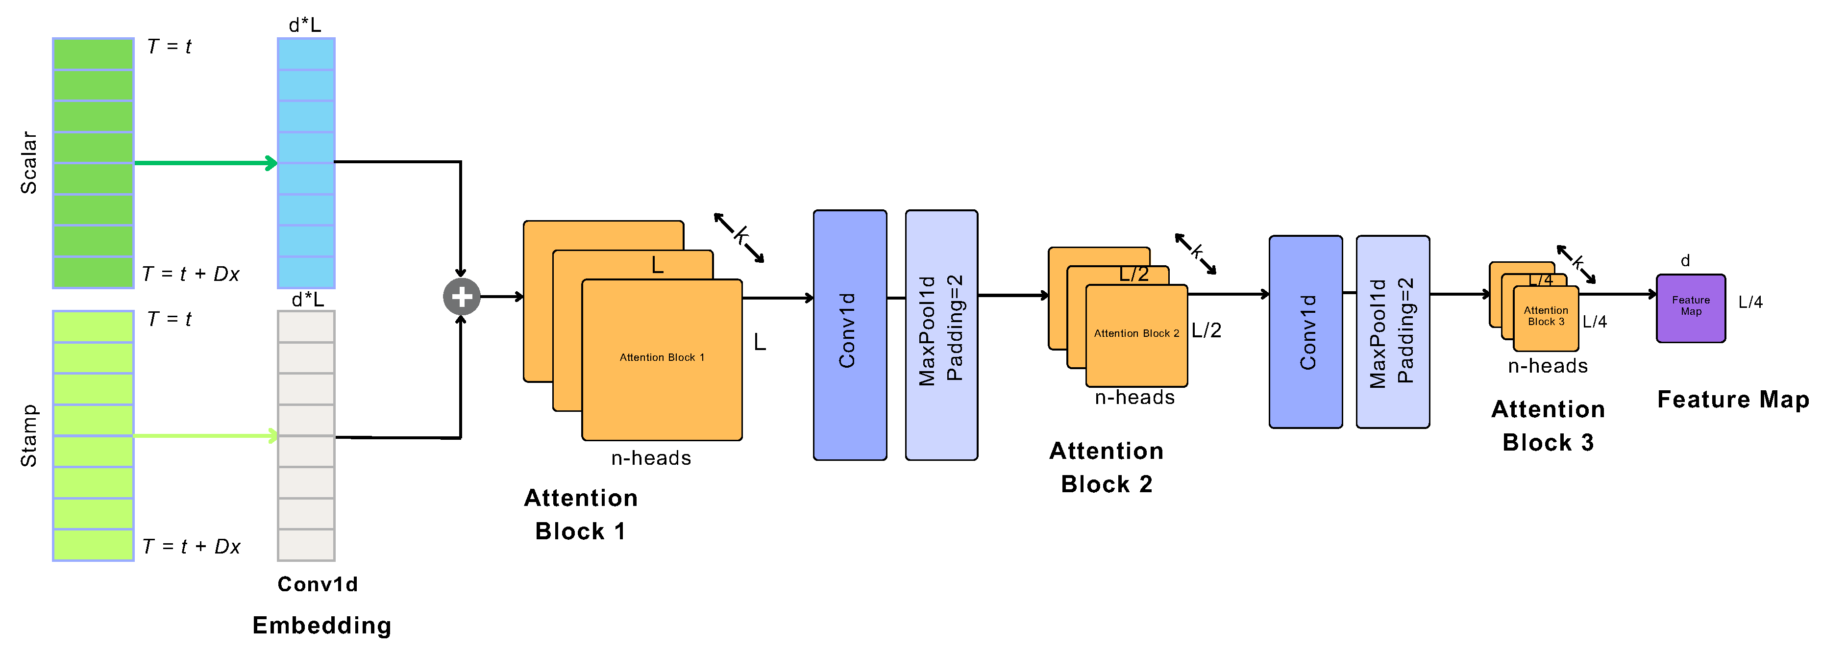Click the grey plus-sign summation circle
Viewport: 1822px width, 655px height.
[x=461, y=297]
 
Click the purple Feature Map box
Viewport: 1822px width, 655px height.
[x=1691, y=308]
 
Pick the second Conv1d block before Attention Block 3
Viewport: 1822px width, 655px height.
[x=1305, y=332]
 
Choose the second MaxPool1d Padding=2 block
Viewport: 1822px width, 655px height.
[x=1392, y=332]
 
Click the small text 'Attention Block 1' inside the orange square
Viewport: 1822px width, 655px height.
[x=662, y=358]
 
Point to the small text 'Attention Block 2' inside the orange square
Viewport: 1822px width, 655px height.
[x=1136, y=333]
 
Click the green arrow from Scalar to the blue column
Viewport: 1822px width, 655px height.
[x=205, y=163]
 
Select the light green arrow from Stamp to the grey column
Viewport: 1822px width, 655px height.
[x=205, y=436]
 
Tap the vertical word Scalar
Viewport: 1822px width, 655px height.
[x=28, y=163]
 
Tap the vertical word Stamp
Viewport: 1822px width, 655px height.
[x=28, y=436]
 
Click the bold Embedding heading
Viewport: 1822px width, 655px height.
[x=322, y=625]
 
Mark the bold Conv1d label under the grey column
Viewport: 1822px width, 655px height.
[x=318, y=584]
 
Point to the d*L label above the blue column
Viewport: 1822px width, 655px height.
[x=305, y=25]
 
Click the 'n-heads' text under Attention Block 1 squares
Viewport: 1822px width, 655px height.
[x=651, y=458]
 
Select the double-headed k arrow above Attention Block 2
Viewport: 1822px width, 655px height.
[x=1195, y=253]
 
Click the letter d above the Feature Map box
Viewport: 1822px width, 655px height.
[x=1685, y=261]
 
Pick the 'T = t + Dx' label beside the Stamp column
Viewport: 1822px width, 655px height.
[x=191, y=547]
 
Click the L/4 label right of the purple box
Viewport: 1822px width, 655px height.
[x=1750, y=302]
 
